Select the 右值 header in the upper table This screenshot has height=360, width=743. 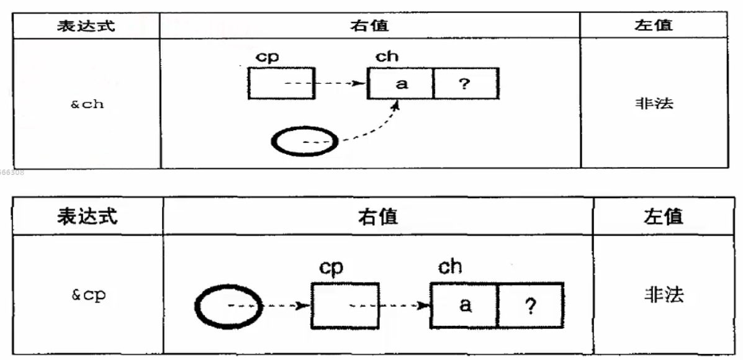click(370, 25)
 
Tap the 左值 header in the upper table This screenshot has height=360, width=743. click(654, 25)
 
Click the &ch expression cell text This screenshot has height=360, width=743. click(87, 104)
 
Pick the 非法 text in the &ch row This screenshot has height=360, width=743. click(654, 103)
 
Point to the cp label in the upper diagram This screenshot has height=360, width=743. click(268, 56)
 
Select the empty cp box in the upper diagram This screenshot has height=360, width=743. click(281, 83)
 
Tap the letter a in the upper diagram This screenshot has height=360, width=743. click(402, 83)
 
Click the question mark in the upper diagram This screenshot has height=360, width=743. click(464, 83)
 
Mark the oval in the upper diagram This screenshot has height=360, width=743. click(305, 142)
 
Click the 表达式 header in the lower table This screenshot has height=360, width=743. click(87, 217)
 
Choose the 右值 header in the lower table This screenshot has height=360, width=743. click(377, 217)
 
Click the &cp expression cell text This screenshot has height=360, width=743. click(88, 295)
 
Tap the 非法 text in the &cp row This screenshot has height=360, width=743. click(664, 295)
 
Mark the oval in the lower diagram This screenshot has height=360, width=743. click(229, 305)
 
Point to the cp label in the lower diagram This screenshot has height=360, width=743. click(331, 268)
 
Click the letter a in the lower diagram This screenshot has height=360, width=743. click(464, 305)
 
